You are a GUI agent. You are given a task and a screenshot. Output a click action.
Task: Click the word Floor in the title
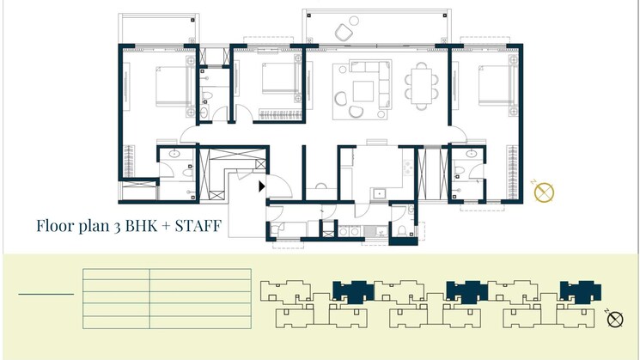point(57,227)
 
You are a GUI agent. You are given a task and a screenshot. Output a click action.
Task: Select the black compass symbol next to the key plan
point(615,320)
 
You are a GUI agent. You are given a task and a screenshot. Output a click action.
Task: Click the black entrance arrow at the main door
point(261,185)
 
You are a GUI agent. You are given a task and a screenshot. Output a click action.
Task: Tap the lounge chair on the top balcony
point(343,33)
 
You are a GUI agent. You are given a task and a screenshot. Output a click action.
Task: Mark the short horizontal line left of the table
point(46,295)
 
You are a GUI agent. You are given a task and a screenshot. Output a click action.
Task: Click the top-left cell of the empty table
point(116,275)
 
